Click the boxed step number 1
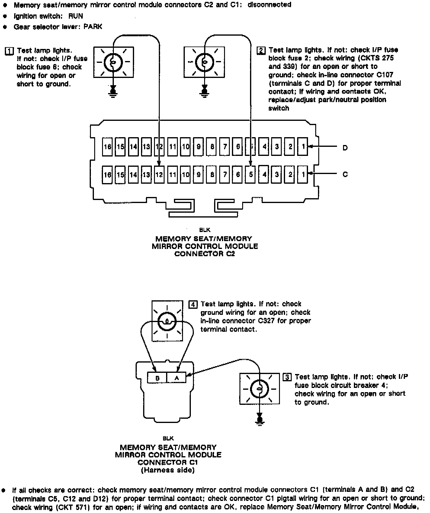click(9, 51)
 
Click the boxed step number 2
click(261, 50)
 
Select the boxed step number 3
click(287, 377)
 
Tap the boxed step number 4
click(193, 304)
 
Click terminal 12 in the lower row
click(159, 175)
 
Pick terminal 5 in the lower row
click(251, 175)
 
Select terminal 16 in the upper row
click(107, 147)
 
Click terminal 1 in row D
click(303, 147)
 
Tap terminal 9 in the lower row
click(198, 175)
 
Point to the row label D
click(345, 148)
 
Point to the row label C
click(345, 175)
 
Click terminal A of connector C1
click(177, 378)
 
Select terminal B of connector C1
click(157, 378)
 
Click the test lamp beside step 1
click(113, 62)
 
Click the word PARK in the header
click(93, 27)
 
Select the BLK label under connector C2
click(205, 230)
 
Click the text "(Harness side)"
click(168, 470)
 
